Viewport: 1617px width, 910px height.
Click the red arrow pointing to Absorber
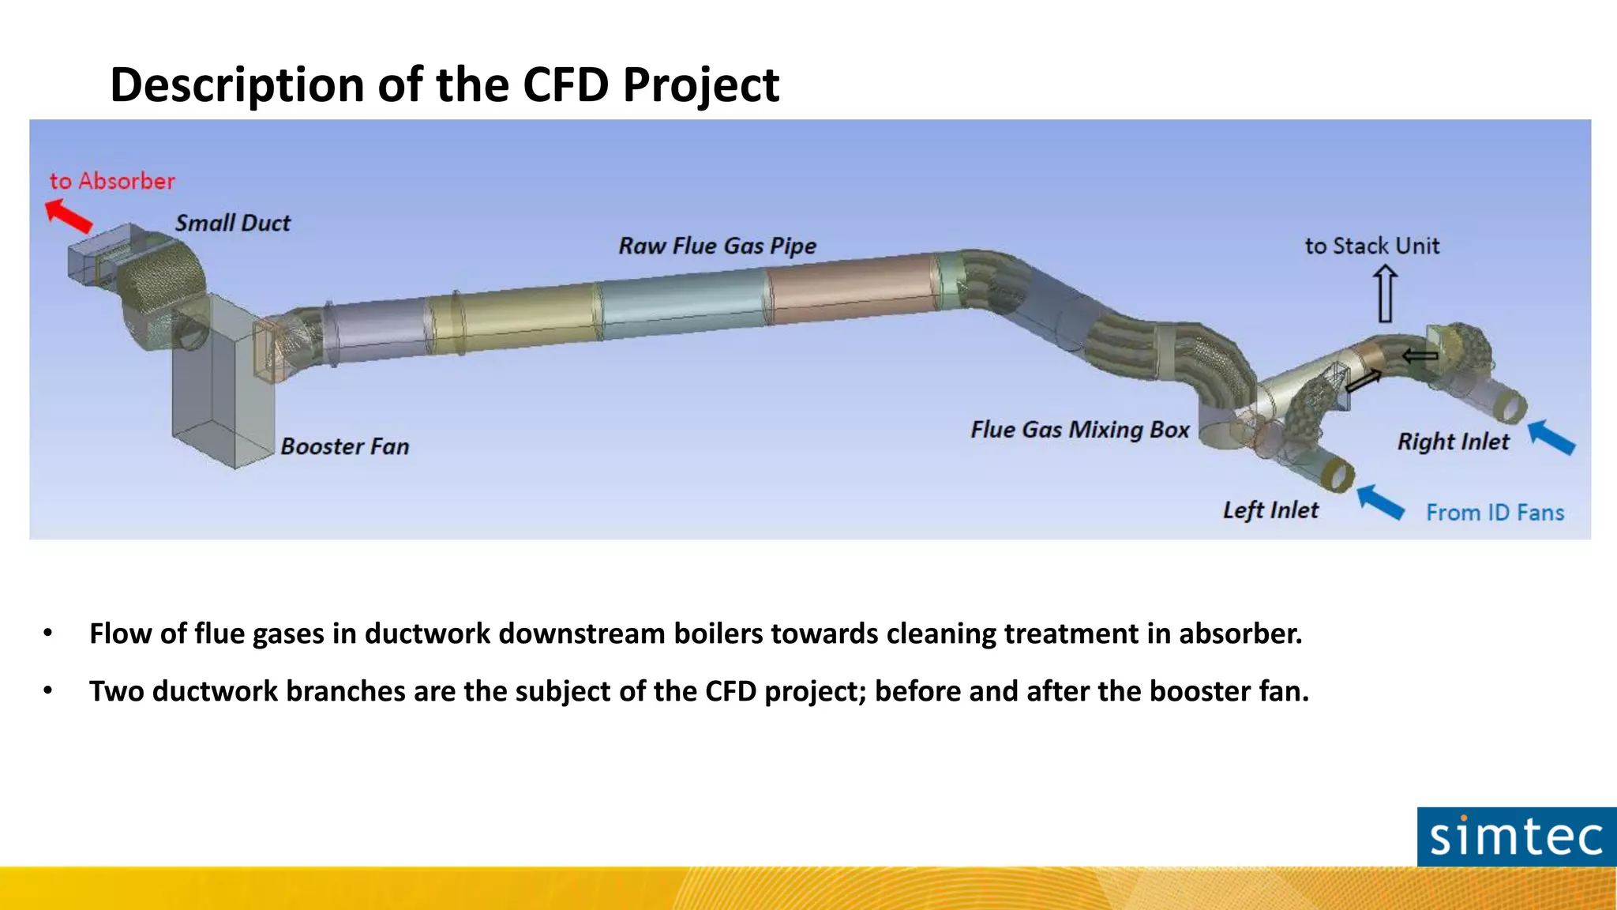tap(69, 215)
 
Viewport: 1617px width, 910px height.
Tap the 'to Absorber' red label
tap(112, 181)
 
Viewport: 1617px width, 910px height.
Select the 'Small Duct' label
tap(232, 224)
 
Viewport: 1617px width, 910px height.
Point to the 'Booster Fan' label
tap(345, 447)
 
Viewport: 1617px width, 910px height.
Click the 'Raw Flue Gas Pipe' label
tap(717, 246)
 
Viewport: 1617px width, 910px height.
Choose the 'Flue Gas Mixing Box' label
tap(1079, 430)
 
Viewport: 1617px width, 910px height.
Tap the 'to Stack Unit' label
tap(1371, 246)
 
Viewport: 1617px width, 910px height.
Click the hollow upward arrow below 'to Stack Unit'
tap(1385, 293)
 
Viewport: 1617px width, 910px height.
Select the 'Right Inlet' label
tap(1453, 442)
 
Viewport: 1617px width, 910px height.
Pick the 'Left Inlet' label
tap(1270, 510)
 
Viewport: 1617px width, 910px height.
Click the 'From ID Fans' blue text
tap(1495, 513)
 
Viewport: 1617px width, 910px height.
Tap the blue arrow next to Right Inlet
tap(1551, 437)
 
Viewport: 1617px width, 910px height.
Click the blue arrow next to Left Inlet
tap(1380, 502)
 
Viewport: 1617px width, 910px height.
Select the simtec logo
tap(1516, 837)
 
